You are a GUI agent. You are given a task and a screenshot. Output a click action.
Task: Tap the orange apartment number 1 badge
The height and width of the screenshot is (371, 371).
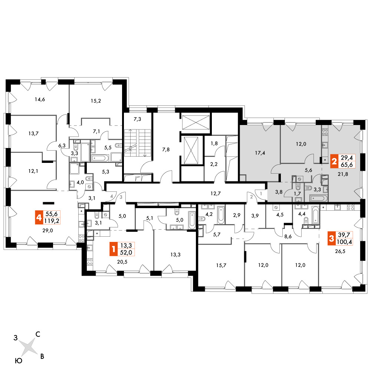pyautogui.click(x=113, y=249)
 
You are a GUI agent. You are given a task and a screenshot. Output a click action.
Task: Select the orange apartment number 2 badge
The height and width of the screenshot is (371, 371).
pyautogui.click(x=334, y=161)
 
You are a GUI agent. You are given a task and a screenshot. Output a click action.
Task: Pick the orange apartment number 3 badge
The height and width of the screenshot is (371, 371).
pyautogui.click(x=331, y=239)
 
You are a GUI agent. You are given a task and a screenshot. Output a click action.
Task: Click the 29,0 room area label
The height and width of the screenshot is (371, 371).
pyautogui.click(x=47, y=230)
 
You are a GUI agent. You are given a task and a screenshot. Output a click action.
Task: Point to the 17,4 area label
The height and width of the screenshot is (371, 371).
pyautogui.click(x=260, y=153)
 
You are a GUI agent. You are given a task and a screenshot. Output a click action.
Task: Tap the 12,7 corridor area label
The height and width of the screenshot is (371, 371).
pyautogui.click(x=216, y=194)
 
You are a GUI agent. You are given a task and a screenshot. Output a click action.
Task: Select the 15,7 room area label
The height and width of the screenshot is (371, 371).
pyautogui.click(x=221, y=266)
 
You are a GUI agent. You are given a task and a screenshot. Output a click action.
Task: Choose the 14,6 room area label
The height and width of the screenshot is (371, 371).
pyautogui.click(x=40, y=99)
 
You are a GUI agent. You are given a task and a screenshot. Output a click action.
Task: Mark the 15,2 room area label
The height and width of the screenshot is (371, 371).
pyautogui.click(x=96, y=101)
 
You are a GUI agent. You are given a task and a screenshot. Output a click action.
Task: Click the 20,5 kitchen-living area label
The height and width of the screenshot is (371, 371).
pyautogui.click(x=122, y=262)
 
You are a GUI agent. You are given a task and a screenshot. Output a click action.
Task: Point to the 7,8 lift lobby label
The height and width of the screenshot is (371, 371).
pyautogui.click(x=166, y=150)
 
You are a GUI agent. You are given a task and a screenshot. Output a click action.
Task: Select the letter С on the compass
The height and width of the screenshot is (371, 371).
pyautogui.click(x=37, y=334)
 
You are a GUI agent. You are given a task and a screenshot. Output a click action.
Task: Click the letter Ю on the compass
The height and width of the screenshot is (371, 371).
pyautogui.click(x=19, y=361)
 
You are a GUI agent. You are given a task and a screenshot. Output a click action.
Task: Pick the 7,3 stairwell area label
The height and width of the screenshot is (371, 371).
pyautogui.click(x=137, y=119)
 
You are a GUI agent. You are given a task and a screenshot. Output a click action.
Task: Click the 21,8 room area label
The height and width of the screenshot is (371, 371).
pyautogui.click(x=343, y=174)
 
